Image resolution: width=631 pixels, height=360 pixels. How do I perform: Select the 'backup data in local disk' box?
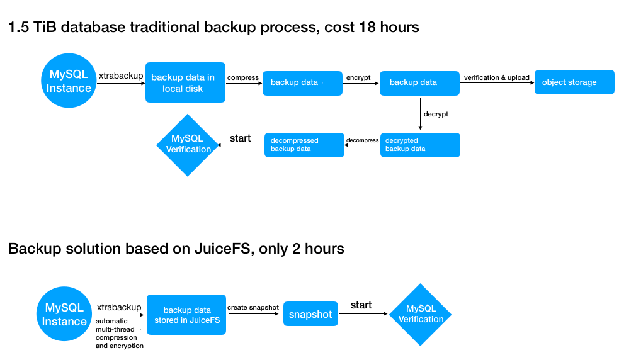[x=185, y=82]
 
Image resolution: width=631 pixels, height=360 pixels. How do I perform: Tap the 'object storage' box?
[x=574, y=82]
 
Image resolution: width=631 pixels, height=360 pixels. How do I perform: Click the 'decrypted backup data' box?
[x=420, y=145]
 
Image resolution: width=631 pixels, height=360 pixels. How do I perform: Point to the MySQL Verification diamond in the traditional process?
[x=188, y=145]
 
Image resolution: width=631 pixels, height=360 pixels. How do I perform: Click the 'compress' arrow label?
[x=243, y=77]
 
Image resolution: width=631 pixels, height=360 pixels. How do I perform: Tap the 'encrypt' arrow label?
[x=358, y=77]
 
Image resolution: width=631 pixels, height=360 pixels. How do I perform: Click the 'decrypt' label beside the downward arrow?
[x=436, y=115]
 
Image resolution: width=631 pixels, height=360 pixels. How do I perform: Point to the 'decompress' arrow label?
[x=363, y=140]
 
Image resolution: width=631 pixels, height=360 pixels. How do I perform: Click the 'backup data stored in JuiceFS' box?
[x=186, y=315]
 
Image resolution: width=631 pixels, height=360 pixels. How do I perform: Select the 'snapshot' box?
[x=310, y=314]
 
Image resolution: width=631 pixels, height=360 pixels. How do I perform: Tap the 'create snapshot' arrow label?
[x=253, y=307]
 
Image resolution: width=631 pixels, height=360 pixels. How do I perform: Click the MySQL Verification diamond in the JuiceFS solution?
[x=421, y=314]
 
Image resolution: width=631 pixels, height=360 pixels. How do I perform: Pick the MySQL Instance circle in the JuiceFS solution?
[x=64, y=315]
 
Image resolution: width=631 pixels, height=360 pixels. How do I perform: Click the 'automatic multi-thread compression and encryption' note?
[x=119, y=333]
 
